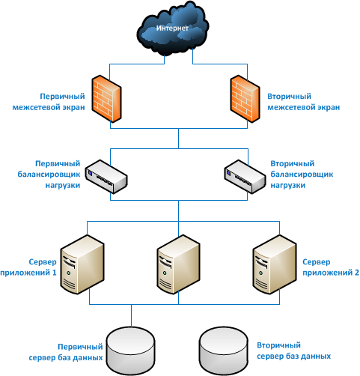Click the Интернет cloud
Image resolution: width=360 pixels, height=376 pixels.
tap(173, 28)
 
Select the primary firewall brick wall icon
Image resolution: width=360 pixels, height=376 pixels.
tap(106, 99)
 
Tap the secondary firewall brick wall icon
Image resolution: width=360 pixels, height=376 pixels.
tap(245, 99)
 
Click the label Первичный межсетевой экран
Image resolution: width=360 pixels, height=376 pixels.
tap(49, 102)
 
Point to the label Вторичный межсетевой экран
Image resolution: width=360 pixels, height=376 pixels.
tap(304, 102)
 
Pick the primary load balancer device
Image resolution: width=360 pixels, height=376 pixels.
tap(106, 177)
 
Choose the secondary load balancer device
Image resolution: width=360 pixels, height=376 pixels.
tap(245, 177)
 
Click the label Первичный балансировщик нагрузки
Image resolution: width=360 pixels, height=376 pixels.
tap(49, 175)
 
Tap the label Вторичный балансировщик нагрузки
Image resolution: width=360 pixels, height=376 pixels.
tap(302, 175)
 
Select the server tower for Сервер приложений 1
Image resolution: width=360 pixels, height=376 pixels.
tap(82, 264)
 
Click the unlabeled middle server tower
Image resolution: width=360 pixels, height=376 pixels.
tap(178, 264)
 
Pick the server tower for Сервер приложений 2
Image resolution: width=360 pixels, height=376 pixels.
tap(275, 264)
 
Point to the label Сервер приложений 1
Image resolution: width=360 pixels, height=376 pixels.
tap(28, 267)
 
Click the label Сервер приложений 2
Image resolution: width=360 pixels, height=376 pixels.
tap(331, 267)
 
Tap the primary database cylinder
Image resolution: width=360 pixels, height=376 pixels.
tap(130, 351)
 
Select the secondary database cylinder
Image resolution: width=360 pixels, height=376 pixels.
tap(224, 351)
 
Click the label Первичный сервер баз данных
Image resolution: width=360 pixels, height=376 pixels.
tap(66, 352)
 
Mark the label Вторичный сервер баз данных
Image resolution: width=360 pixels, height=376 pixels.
tap(294, 351)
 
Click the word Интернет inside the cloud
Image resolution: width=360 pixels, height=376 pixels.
tap(172, 28)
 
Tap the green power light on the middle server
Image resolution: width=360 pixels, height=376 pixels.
tap(165, 273)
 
